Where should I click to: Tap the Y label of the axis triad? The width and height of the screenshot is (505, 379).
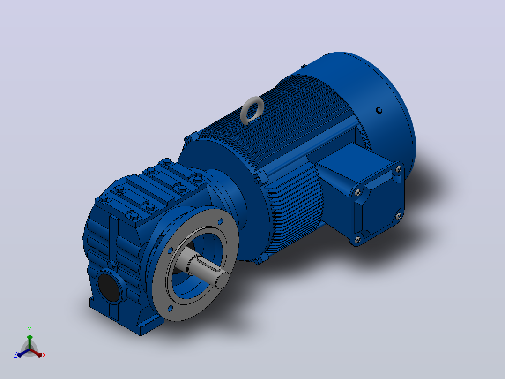[x=30, y=330]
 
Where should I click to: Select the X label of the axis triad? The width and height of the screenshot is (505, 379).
[x=44, y=355]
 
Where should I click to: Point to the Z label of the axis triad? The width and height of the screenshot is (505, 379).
[x=15, y=355]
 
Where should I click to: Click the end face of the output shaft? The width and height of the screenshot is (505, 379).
[x=222, y=280]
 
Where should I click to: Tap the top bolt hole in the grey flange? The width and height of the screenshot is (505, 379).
[x=221, y=221]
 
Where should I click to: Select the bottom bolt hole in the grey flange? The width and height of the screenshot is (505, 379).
[x=170, y=309]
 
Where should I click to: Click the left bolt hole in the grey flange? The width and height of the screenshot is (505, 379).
[x=170, y=250]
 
